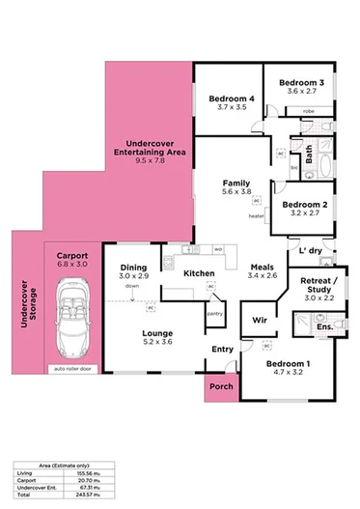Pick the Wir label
tap(259, 319)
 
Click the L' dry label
tap(310, 251)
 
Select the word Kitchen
tap(199, 273)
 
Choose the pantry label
tap(215, 313)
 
